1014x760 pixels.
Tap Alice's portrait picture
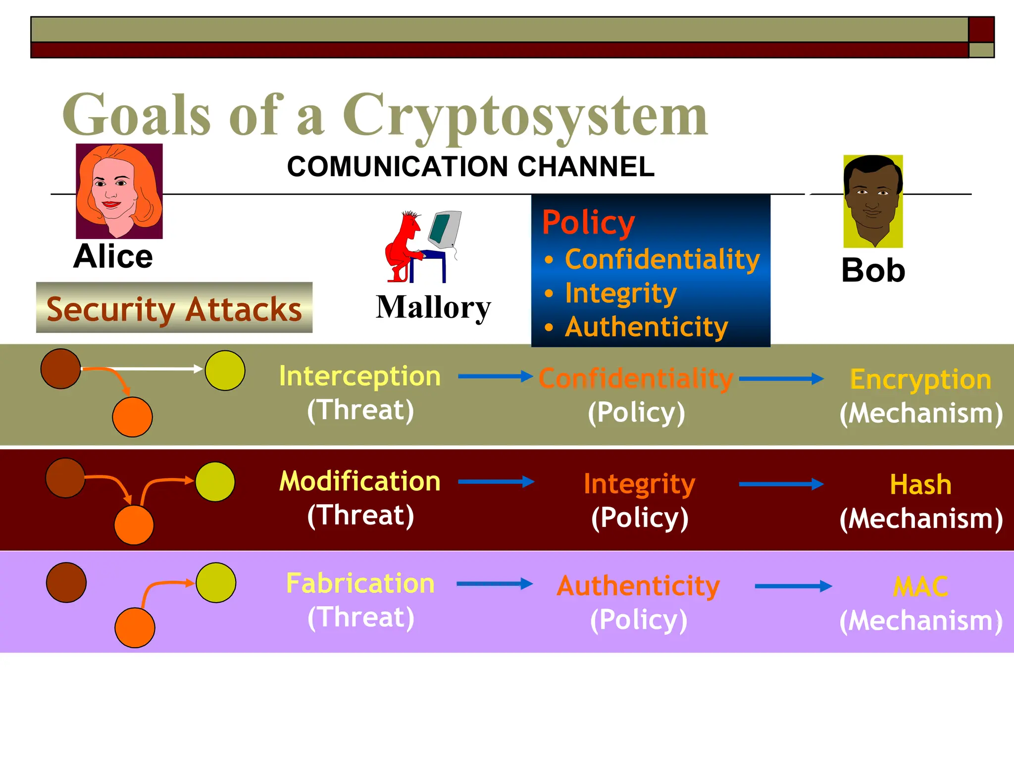(x=119, y=191)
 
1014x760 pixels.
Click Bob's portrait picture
(x=873, y=201)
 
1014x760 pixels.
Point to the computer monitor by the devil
(x=445, y=229)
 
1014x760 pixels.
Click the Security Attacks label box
(x=174, y=308)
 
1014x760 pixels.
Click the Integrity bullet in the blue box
(x=620, y=293)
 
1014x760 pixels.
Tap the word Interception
(x=359, y=376)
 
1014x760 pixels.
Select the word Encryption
(x=920, y=380)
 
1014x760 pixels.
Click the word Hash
(x=920, y=484)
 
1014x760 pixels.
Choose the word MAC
(x=920, y=587)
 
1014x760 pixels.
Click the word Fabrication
(x=360, y=583)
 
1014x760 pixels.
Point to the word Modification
(x=359, y=481)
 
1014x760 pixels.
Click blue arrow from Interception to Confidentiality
(x=495, y=377)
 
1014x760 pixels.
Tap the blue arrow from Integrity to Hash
(x=781, y=484)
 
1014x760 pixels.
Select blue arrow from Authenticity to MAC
(x=793, y=586)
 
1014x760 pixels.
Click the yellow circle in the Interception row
(x=225, y=371)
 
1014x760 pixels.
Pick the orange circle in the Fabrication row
(x=135, y=627)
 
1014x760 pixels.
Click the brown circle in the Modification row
(x=65, y=478)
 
